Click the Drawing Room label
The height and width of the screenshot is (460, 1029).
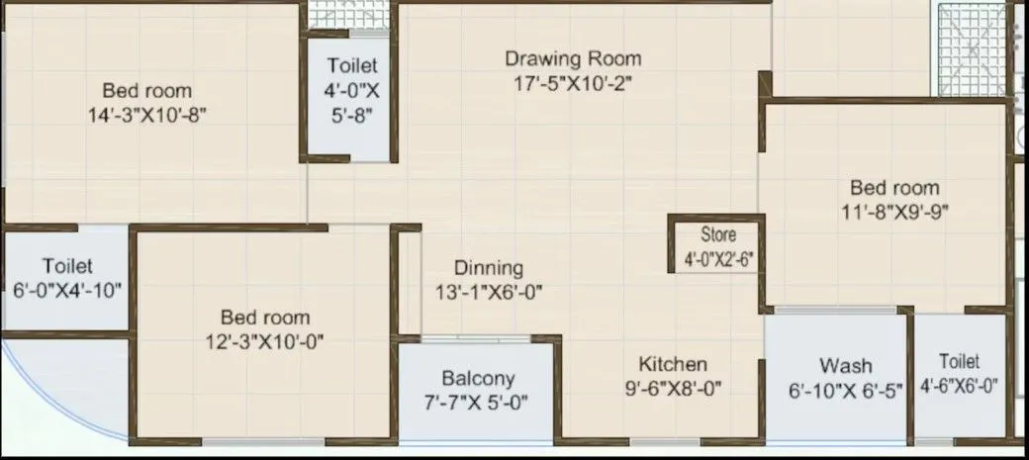pyautogui.click(x=573, y=58)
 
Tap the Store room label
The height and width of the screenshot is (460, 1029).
pyautogui.click(x=718, y=236)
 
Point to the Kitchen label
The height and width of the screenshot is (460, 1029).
pyautogui.click(x=672, y=363)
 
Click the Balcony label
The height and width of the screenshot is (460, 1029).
pyautogui.click(x=478, y=378)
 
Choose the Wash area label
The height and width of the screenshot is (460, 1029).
pyautogui.click(x=845, y=365)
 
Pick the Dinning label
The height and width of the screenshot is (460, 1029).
pyautogui.click(x=489, y=268)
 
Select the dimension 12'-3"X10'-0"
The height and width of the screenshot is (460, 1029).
pyautogui.click(x=265, y=342)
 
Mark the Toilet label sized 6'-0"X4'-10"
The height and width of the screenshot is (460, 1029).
pyautogui.click(x=67, y=266)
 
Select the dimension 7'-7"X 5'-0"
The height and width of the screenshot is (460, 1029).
pyautogui.click(x=478, y=403)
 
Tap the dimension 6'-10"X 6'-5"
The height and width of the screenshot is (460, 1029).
pyautogui.click(x=846, y=391)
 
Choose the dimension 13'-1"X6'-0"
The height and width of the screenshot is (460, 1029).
pyautogui.click(x=489, y=293)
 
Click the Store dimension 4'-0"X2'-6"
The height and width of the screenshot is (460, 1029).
pyautogui.click(x=718, y=260)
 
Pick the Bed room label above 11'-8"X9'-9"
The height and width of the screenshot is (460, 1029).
pyautogui.click(x=894, y=188)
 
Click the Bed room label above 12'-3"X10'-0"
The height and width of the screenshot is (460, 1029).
pyautogui.click(x=265, y=318)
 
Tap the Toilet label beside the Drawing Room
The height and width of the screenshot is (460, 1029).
pyautogui.click(x=352, y=66)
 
